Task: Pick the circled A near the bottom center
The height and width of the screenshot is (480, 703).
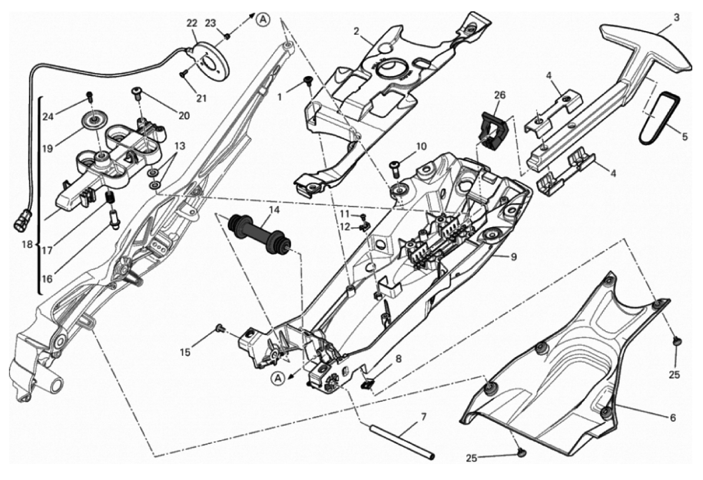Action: click(278, 379)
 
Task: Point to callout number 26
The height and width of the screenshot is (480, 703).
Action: click(499, 95)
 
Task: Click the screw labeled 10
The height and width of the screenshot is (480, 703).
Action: click(396, 166)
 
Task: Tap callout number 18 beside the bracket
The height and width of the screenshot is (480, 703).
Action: click(28, 245)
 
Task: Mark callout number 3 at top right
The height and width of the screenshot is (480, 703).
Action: click(676, 18)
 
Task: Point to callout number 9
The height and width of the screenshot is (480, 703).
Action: click(513, 256)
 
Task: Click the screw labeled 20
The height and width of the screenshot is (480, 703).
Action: click(136, 93)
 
